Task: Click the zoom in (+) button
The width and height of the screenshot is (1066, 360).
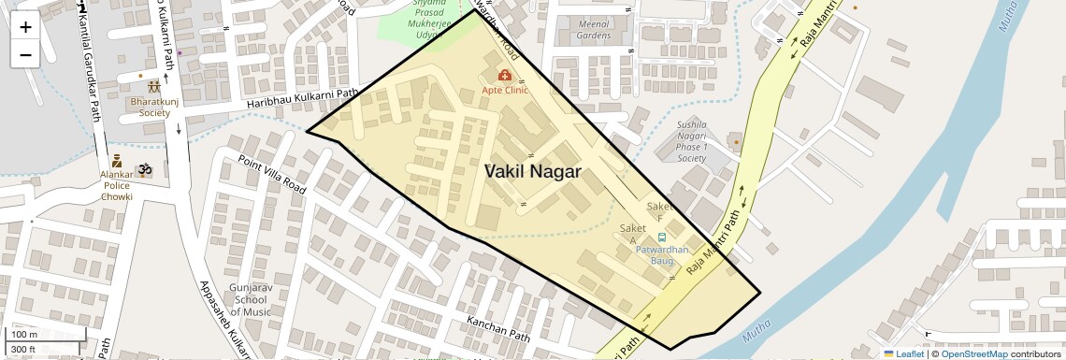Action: pyautogui.click(x=25, y=27)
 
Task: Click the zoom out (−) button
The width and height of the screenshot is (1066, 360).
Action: pyautogui.click(x=25, y=55)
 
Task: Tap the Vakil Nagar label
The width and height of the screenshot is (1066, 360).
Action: pyautogui.click(x=533, y=172)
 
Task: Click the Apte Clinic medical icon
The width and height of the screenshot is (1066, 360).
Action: pyautogui.click(x=505, y=75)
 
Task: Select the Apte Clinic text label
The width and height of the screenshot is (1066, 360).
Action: pyautogui.click(x=505, y=91)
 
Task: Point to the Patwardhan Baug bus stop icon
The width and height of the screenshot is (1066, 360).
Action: pyautogui.click(x=662, y=238)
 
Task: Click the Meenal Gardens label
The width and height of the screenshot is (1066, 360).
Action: pyautogui.click(x=594, y=29)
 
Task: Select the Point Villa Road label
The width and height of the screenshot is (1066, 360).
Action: pyautogui.click(x=272, y=175)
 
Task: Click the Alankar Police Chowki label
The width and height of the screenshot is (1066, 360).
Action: pyautogui.click(x=117, y=186)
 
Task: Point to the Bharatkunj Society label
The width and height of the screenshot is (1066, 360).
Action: pyautogui.click(x=150, y=107)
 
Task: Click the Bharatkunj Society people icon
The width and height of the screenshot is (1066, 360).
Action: pyautogui.click(x=153, y=87)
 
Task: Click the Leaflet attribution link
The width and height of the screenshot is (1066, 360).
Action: pyautogui.click(x=903, y=353)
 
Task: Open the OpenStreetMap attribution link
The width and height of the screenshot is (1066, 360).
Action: pyautogui.click(x=973, y=353)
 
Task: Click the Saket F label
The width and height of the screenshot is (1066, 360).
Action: pyautogui.click(x=659, y=212)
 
